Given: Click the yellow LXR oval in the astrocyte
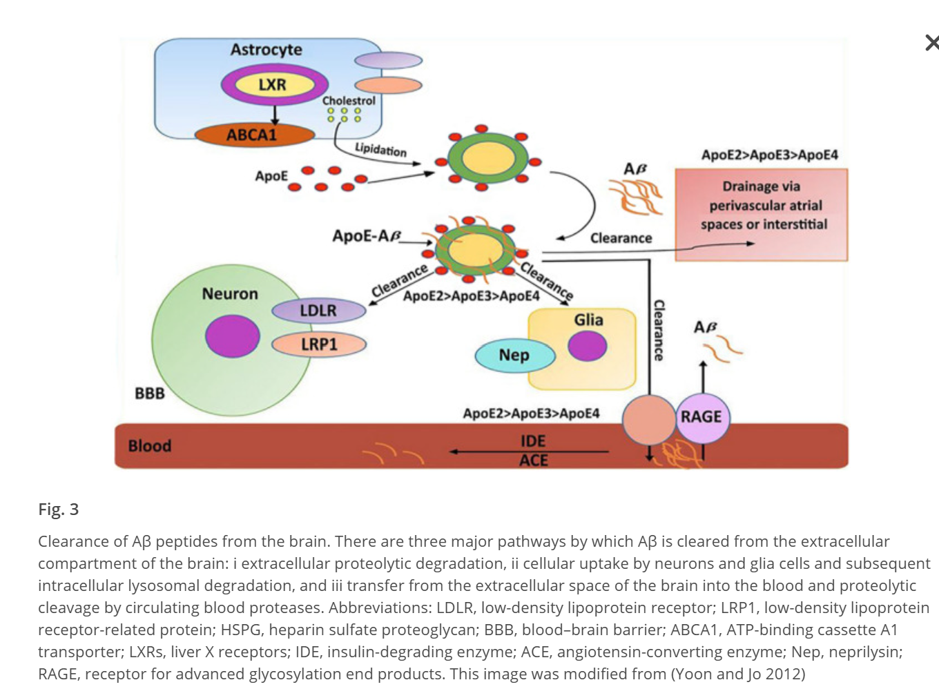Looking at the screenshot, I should [x=272, y=85].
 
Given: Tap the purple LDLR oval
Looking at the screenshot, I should [x=318, y=311].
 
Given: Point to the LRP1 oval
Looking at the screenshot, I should [x=319, y=344].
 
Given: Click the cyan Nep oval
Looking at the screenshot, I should [x=514, y=356].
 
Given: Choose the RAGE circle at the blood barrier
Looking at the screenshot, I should [x=701, y=417].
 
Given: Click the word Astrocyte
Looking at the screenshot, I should [x=266, y=50].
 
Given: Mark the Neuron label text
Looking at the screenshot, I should [x=230, y=294].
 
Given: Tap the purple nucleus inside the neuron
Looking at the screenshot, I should [x=232, y=336].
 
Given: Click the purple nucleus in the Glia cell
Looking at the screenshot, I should [x=588, y=346].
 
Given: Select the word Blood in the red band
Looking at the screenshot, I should [x=150, y=446].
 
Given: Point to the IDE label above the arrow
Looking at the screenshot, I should [x=533, y=440].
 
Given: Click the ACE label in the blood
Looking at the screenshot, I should [x=534, y=460].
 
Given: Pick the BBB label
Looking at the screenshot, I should [x=150, y=394].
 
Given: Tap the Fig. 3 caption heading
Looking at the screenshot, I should [x=59, y=510].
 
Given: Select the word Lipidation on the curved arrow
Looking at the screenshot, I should [x=380, y=149].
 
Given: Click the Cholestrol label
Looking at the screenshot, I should [x=349, y=101].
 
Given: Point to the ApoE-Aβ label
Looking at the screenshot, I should [x=367, y=236].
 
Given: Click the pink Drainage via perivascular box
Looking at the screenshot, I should [x=761, y=214].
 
